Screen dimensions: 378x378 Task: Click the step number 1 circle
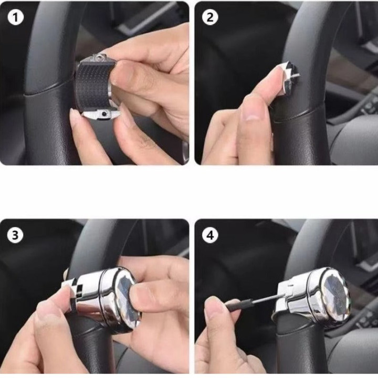(16, 17)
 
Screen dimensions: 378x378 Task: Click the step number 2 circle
(210, 17)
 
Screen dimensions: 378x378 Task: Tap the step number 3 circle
(15, 235)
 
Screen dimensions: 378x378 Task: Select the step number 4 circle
(210, 235)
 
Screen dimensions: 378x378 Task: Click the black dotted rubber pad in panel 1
(93, 87)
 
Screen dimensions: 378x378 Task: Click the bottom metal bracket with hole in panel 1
(101, 114)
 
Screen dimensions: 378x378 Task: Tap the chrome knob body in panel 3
(101, 299)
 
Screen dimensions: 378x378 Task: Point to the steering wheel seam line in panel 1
(46, 90)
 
